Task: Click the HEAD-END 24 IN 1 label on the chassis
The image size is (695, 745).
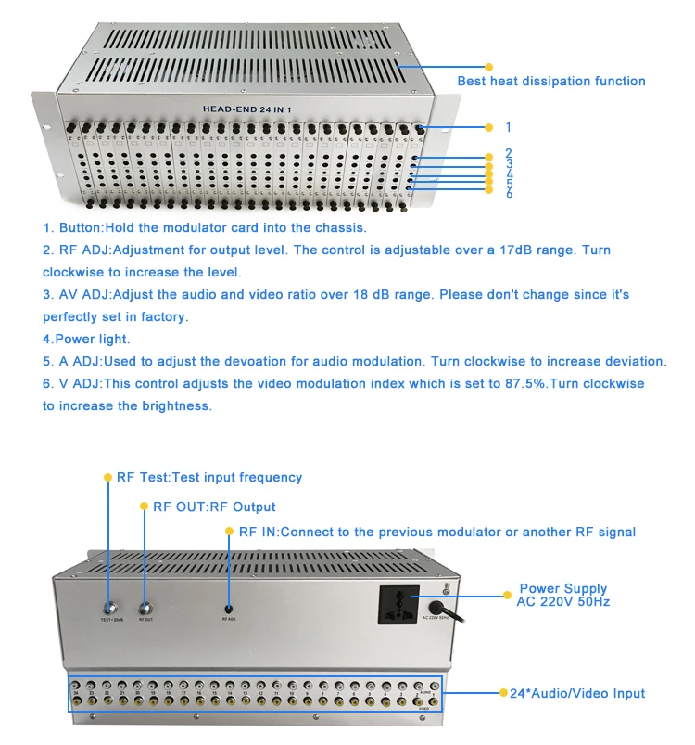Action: click(x=248, y=109)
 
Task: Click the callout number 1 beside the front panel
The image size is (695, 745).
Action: click(x=508, y=127)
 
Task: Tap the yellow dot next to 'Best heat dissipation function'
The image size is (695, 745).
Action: click(x=489, y=67)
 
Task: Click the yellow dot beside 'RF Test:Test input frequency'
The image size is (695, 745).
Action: click(x=107, y=477)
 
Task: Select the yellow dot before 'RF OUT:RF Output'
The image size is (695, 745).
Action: click(x=144, y=507)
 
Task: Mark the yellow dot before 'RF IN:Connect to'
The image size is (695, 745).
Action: click(x=230, y=532)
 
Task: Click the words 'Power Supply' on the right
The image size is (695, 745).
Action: click(x=562, y=588)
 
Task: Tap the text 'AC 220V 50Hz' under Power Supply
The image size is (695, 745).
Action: click(x=562, y=601)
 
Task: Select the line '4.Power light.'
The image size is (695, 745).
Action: click(x=86, y=339)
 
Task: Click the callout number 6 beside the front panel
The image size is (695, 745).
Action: click(x=509, y=194)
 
